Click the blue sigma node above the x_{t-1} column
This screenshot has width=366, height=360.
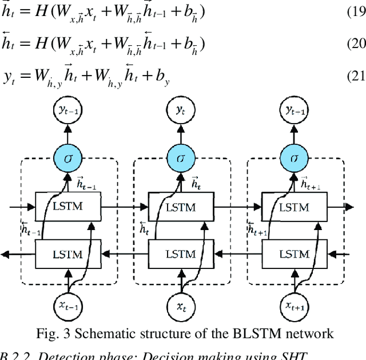pyautogui.click(x=69, y=157)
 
